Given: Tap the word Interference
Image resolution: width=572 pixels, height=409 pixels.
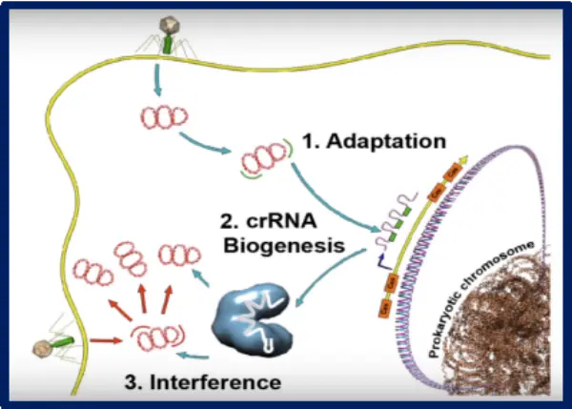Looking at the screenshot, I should click(203, 382).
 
